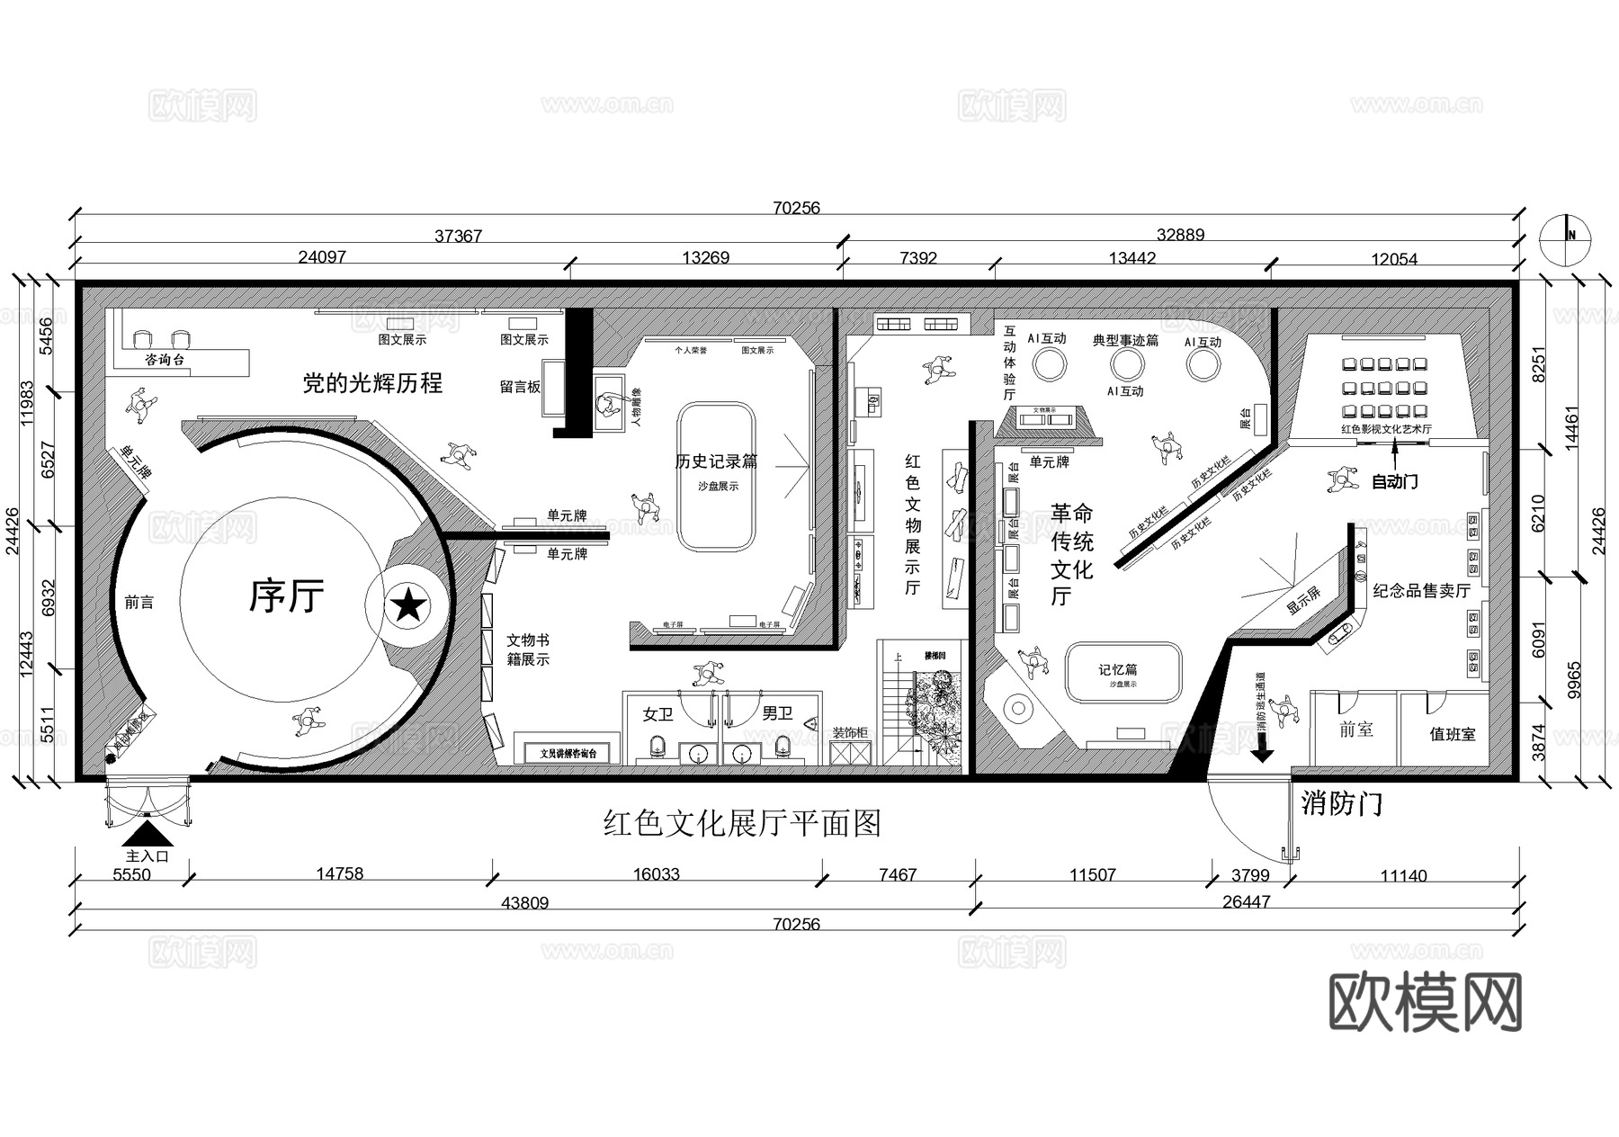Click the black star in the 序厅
tap(409, 605)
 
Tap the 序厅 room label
tap(286, 595)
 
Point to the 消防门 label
tap(1341, 803)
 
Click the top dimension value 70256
tap(796, 208)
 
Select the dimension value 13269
tap(705, 258)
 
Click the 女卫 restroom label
tap(657, 714)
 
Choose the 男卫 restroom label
tap(777, 714)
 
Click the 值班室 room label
tap(1452, 735)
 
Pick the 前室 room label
tap(1355, 730)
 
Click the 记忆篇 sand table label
tap(1118, 669)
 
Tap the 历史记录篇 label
tap(716, 461)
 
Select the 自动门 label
tap(1394, 482)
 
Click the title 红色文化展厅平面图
tap(742, 823)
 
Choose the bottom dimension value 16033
tap(656, 874)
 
